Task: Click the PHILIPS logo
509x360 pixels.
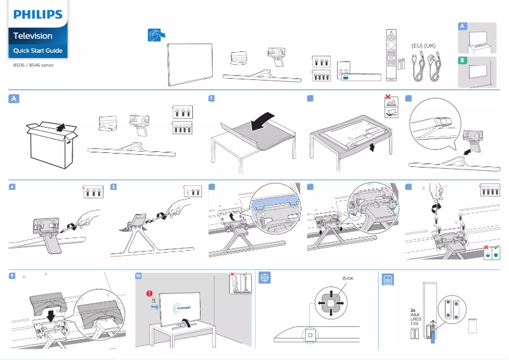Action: click(x=37, y=14)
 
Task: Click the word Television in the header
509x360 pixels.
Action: click(x=33, y=36)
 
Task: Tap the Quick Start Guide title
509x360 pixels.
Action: click(x=37, y=51)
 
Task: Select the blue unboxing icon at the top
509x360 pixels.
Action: click(x=155, y=36)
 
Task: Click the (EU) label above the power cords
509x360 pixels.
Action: click(x=417, y=46)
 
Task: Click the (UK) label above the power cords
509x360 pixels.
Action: click(x=430, y=46)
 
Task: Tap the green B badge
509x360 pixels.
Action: click(x=463, y=60)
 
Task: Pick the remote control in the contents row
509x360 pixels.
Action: click(x=391, y=55)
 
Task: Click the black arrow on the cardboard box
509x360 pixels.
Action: click(x=58, y=128)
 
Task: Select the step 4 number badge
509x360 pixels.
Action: click(x=13, y=187)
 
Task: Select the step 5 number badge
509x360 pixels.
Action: click(x=114, y=187)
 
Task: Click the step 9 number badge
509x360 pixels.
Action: click(x=13, y=276)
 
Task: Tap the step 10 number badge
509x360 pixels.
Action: click(x=140, y=276)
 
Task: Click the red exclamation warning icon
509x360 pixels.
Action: click(x=149, y=294)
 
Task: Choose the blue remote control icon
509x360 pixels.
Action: click(x=387, y=279)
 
